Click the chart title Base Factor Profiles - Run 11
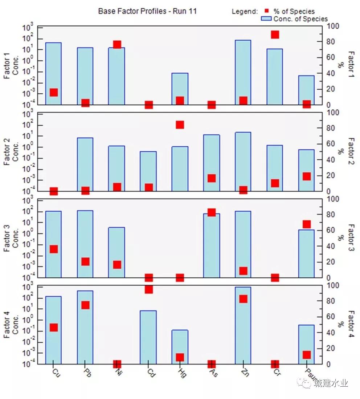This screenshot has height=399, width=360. pyautogui.click(x=147, y=11)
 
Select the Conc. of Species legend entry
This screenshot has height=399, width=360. pyautogui.click(x=294, y=19)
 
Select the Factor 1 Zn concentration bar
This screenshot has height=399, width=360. pyautogui.click(x=243, y=72)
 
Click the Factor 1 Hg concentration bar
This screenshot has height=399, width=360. pyautogui.click(x=180, y=89)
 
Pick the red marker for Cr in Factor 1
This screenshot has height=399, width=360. pyautogui.click(x=275, y=34)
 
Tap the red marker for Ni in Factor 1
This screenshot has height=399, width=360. pyautogui.click(x=117, y=45)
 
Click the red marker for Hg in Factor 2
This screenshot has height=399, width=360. pyautogui.click(x=180, y=125)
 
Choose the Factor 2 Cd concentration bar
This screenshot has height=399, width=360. pyautogui.click(x=148, y=171)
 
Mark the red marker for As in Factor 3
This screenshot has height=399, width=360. pyautogui.click(x=212, y=212)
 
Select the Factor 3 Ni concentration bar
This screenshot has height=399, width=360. pyautogui.click(x=117, y=252)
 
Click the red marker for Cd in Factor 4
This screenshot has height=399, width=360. pyautogui.click(x=148, y=289)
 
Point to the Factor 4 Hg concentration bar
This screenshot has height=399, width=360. pyautogui.click(x=180, y=347)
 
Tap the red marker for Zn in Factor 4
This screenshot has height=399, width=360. pyautogui.click(x=243, y=299)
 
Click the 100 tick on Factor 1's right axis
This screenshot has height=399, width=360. pyautogui.click(x=333, y=26)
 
